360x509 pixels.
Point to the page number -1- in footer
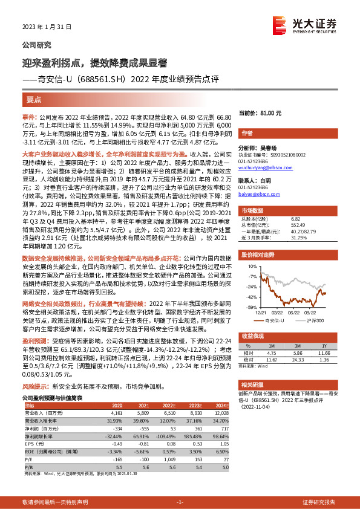coord(179,502)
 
